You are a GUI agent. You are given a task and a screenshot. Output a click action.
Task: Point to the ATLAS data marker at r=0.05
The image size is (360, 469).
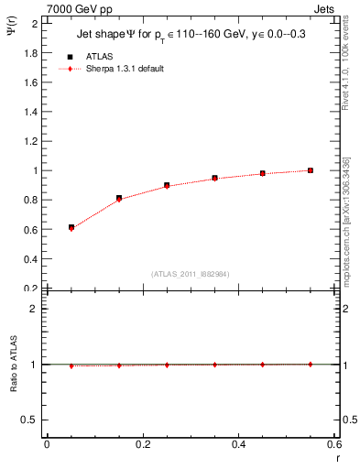(71, 227)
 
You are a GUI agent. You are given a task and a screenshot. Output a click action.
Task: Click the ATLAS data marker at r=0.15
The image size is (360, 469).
(119, 198)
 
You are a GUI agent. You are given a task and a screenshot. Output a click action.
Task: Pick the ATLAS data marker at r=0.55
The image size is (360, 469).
(311, 170)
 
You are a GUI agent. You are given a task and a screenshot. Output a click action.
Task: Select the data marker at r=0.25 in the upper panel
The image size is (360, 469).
(167, 185)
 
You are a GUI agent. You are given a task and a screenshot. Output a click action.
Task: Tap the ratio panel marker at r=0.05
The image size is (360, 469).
(71, 365)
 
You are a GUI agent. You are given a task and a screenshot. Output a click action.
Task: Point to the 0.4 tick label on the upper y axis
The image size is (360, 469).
(31, 259)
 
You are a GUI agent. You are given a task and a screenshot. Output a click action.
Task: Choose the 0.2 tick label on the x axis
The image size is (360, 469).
(142, 444)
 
